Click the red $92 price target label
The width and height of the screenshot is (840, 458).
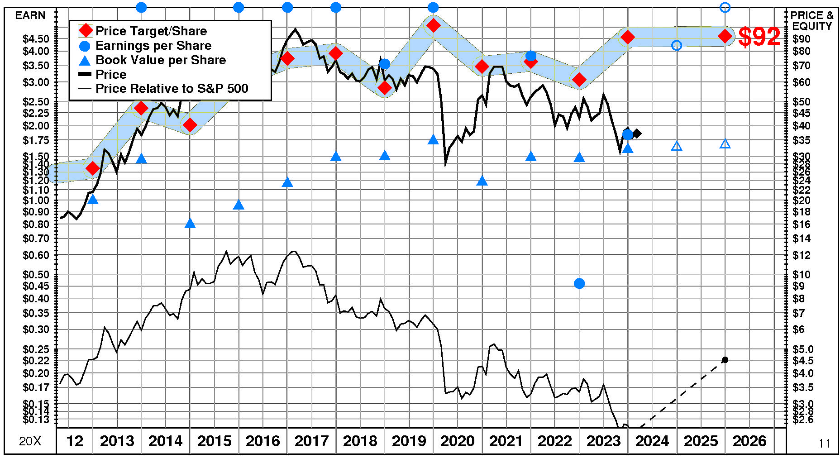pyautogui.click(x=759, y=37)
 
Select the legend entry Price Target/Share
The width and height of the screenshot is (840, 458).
pyautogui.click(x=151, y=31)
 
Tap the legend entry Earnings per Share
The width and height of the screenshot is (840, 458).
pyautogui.click(x=153, y=45)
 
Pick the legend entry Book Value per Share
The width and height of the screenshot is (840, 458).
pyautogui.click(x=160, y=60)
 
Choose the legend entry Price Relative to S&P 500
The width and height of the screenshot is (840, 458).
pyautogui.click(x=172, y=88)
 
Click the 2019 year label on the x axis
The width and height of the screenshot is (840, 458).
pyautogui.click(x=409, y=441)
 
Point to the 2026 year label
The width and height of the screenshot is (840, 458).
pyautogui.click(x=749, y=441)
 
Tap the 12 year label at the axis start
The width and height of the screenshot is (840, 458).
pyautogui.click(x=75, y=441)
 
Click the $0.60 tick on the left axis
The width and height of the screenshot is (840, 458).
pyautogui.click(x=36, y=255)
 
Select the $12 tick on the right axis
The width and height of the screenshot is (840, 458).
pyautogui.click(x=802, y=255)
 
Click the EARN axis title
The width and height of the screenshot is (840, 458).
pyautogui.click(x=30, y=15)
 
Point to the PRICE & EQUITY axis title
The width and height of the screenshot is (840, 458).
pyautogui.click(x=812, y=21)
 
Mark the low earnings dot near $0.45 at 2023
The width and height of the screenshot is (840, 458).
pyautogui.click(x=579, y=283)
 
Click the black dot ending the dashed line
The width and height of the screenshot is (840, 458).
pyautogui.click(x=725, y=360)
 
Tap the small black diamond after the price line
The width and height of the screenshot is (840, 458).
pyautogui.click(x=637, y=134)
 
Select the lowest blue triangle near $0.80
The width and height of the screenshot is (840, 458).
pyautogui.click(x=190, y=224)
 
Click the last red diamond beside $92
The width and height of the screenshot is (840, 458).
pyautogui.click(x=725, y=37)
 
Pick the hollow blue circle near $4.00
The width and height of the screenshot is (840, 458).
pyautogui.click(x=677, y=45)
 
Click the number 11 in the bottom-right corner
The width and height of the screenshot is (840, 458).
pyautogui.click(x=824, y=444)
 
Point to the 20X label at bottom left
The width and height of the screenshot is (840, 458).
pyautogui.click(x=30, y=441)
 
